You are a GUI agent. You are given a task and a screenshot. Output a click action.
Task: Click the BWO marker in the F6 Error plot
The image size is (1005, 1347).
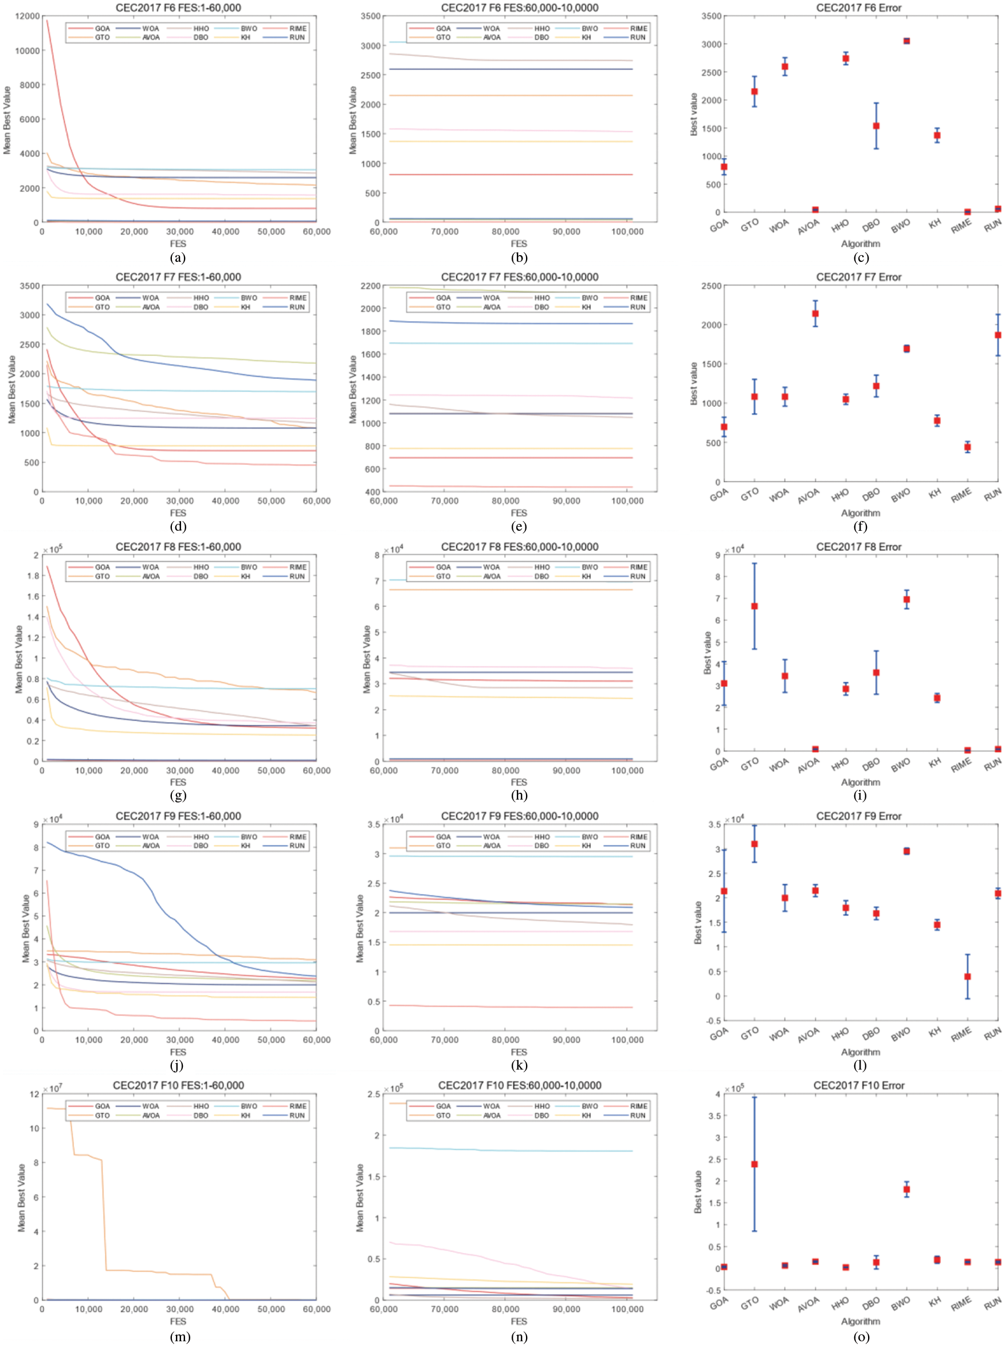click(x=906, y=41)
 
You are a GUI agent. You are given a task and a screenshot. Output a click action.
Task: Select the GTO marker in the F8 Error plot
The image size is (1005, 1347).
click(x=755, y=606)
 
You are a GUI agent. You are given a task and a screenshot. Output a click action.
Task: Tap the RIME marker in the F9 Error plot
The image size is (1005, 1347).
click(x=967, y=977)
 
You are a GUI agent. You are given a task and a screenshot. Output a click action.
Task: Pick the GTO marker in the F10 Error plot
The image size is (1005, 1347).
click(x=755, y=1164)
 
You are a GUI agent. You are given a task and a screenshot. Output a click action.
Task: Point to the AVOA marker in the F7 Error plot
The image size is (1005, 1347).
click(x=815, y=314)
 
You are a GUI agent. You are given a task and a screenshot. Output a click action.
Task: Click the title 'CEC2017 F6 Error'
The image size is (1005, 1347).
click(x=858, y=8)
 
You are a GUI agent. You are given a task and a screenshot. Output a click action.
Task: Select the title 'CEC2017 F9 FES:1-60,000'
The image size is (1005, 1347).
click(x=178, y=816)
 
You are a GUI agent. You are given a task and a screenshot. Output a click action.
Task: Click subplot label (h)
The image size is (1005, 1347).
click(x=519, y=795)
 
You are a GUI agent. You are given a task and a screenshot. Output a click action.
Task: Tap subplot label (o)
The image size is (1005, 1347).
click(x=861, y=1336)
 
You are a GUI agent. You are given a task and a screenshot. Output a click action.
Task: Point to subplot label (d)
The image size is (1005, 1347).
click(x=178, y=526)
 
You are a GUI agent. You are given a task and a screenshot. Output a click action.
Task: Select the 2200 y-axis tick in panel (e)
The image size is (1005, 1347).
click(x=370, y=286)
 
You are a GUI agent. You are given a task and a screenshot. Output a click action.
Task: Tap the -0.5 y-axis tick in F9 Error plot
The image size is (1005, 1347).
click(x=713, y=1021)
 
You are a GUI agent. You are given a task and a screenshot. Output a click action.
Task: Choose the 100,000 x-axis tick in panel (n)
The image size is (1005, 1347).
click(x=627, y=1309)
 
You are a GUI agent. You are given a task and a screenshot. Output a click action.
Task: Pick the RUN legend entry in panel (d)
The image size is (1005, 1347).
click(x=297, y=307)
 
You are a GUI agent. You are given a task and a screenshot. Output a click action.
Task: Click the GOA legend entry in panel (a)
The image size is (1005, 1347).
click(x=102, y=29)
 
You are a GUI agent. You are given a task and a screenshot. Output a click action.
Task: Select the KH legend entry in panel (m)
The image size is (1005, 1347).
click(x=245, y=1116)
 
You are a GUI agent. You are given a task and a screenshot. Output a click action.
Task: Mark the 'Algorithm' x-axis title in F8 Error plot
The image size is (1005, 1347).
click(x=860, y=782)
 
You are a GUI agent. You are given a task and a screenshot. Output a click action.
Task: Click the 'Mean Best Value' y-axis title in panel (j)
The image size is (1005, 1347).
click(x=26, y=928)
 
